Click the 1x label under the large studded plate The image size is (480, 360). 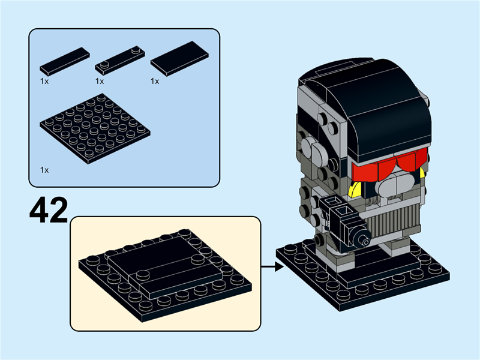[x=44, y=170]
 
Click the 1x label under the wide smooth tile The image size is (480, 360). [x=155, y=81]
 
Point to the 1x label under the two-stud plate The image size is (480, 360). [x=100, y=81]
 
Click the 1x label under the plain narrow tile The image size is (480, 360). [x=44, y=81]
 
